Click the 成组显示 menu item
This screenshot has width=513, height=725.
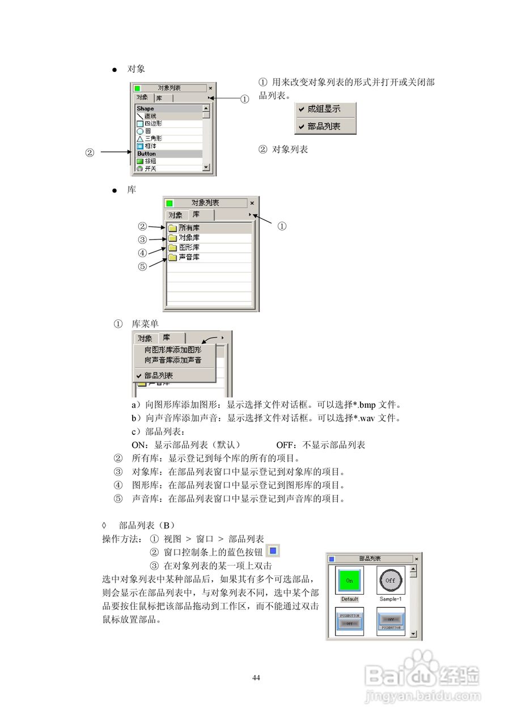point(324,109)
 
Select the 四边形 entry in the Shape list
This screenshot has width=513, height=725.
point(152,123)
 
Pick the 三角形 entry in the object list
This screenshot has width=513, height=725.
point(152,138)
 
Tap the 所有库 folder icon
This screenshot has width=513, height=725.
point(172,228)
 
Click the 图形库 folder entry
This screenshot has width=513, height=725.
point(189,248)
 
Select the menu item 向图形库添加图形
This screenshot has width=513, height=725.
point(173,350)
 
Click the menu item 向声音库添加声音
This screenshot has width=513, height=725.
point(173,360)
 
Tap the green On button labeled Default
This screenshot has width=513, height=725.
point(349,581)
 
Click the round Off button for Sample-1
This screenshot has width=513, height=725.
point(391,581)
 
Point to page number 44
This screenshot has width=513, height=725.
point(256,678)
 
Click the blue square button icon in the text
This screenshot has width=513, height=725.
point(273,550)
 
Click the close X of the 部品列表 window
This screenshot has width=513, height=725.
point(417,559)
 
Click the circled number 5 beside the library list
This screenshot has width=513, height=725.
point(142,266)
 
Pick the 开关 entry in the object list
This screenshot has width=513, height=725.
point(150,169)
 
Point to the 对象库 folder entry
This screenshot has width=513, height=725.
point(189,238)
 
